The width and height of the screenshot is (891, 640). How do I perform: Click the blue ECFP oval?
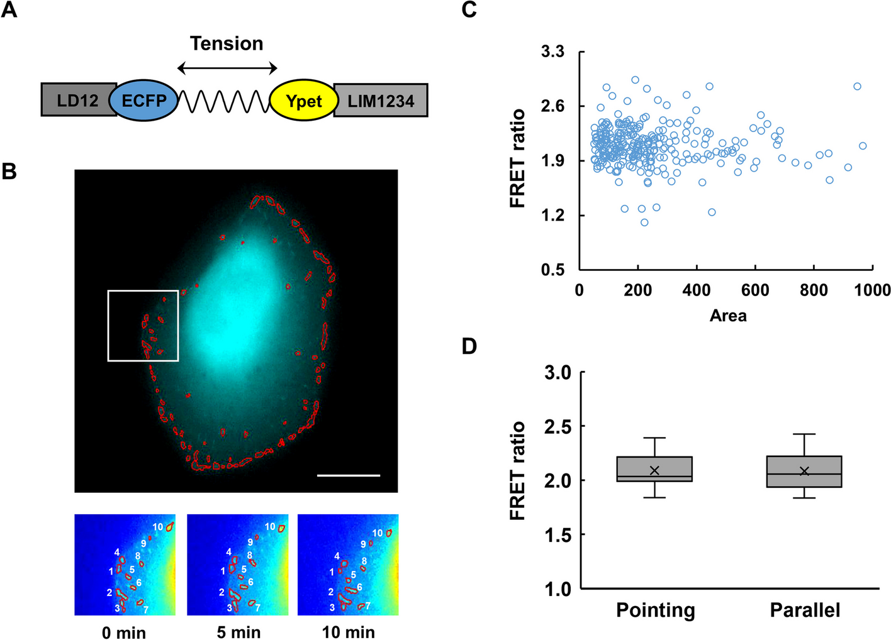[143, 100]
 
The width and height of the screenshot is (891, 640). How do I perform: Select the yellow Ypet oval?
[304, 100]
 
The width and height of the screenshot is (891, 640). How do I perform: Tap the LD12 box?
[77, 100]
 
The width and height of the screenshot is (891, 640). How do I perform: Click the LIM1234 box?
[381, 100]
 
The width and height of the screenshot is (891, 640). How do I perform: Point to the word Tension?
[227, 43]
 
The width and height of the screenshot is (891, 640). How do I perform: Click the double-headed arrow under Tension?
[227, 69]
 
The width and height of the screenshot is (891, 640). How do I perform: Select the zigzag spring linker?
[224, 101]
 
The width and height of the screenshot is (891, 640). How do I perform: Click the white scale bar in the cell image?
[349, 475]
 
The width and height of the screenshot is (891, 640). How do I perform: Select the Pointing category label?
[656, 610]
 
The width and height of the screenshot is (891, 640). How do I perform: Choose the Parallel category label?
[805, 610]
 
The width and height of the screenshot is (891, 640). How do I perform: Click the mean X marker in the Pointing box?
[654, 471]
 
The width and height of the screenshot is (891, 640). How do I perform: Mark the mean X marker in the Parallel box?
[804, 472]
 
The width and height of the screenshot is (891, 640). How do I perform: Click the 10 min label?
[349, 632]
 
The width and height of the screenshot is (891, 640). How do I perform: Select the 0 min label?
[124, 632]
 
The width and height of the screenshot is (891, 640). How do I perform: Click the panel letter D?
[469, 346]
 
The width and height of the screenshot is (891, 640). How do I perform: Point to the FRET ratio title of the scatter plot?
[517, 158]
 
